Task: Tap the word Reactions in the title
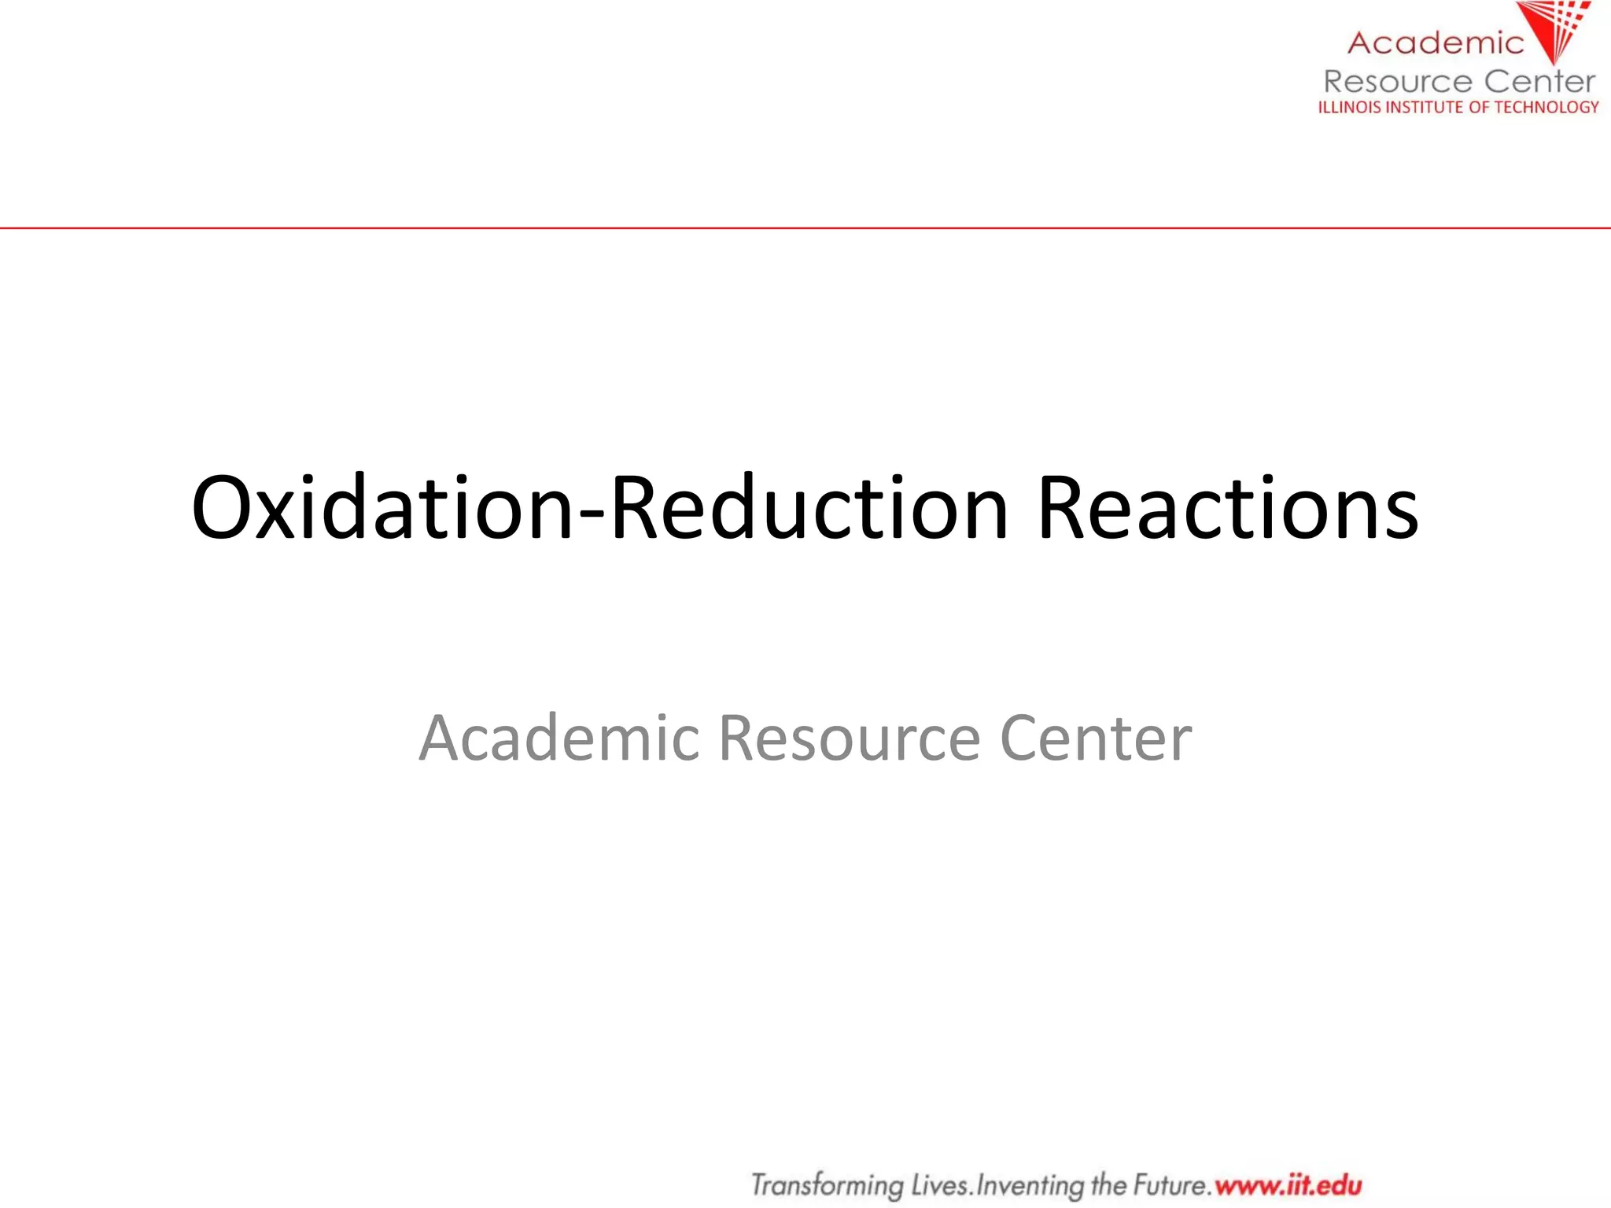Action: [x=1227, y=508]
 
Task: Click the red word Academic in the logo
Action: [x=1436, y=43]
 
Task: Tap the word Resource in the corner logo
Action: [x=1397, y=81]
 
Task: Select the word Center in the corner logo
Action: [x=1539, y=81]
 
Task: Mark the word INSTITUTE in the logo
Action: [x=1425, y=107]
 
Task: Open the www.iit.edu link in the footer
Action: [x=1288, y=1184]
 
